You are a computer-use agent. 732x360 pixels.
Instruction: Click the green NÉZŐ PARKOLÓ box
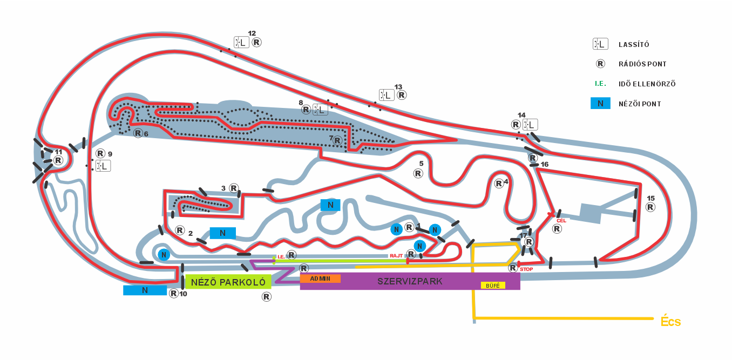pyautogui.click(x=228, y=282)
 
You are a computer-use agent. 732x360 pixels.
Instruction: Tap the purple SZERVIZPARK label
pyautogui.click(x=410, y=281)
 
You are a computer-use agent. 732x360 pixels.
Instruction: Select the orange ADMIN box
pyautogui.click(x=320, y=279)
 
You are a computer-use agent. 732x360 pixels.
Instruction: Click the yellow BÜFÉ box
pyautogui.click(x=493, y=285)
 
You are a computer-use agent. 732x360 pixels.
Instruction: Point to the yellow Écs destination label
pyautogui.click(x=670, y=322)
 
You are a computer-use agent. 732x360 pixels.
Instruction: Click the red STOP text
pyautogui.click(x=526, y=269)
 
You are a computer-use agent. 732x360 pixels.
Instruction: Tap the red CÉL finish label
pyautogui.click(x=561, y=220)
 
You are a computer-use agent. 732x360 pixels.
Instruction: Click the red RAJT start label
pyautogui.click(x=396, y=256)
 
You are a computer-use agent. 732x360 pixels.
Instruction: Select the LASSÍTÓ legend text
pyautogui.click(x=634, y=45)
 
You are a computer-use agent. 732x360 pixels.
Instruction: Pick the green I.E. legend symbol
pyautogui.click(x=600, y=84)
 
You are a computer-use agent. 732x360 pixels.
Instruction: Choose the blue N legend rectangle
pyautogui.click(x=600, y=104)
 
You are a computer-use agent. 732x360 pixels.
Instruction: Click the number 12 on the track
pyautogui.click(x=252, y=33)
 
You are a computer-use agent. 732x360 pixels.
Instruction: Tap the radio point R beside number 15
pyautogui.click(x=650, y=207)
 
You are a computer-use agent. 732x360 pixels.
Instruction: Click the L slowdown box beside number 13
pyautogui.click(x=386, y=96)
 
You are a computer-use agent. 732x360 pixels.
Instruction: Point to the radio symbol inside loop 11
pyautogui.click(x=58, y=160)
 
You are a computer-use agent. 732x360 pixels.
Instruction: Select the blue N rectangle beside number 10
pyautogui.click(x=145, y=290)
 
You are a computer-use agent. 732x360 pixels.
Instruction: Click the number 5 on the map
pyautogui.click(x=421, y=163)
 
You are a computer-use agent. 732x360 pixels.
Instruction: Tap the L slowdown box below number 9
pyautogui.click(x=103, y=166)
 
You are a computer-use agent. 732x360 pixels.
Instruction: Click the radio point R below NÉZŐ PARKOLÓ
pyautogui.click(x=266, y=296)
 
